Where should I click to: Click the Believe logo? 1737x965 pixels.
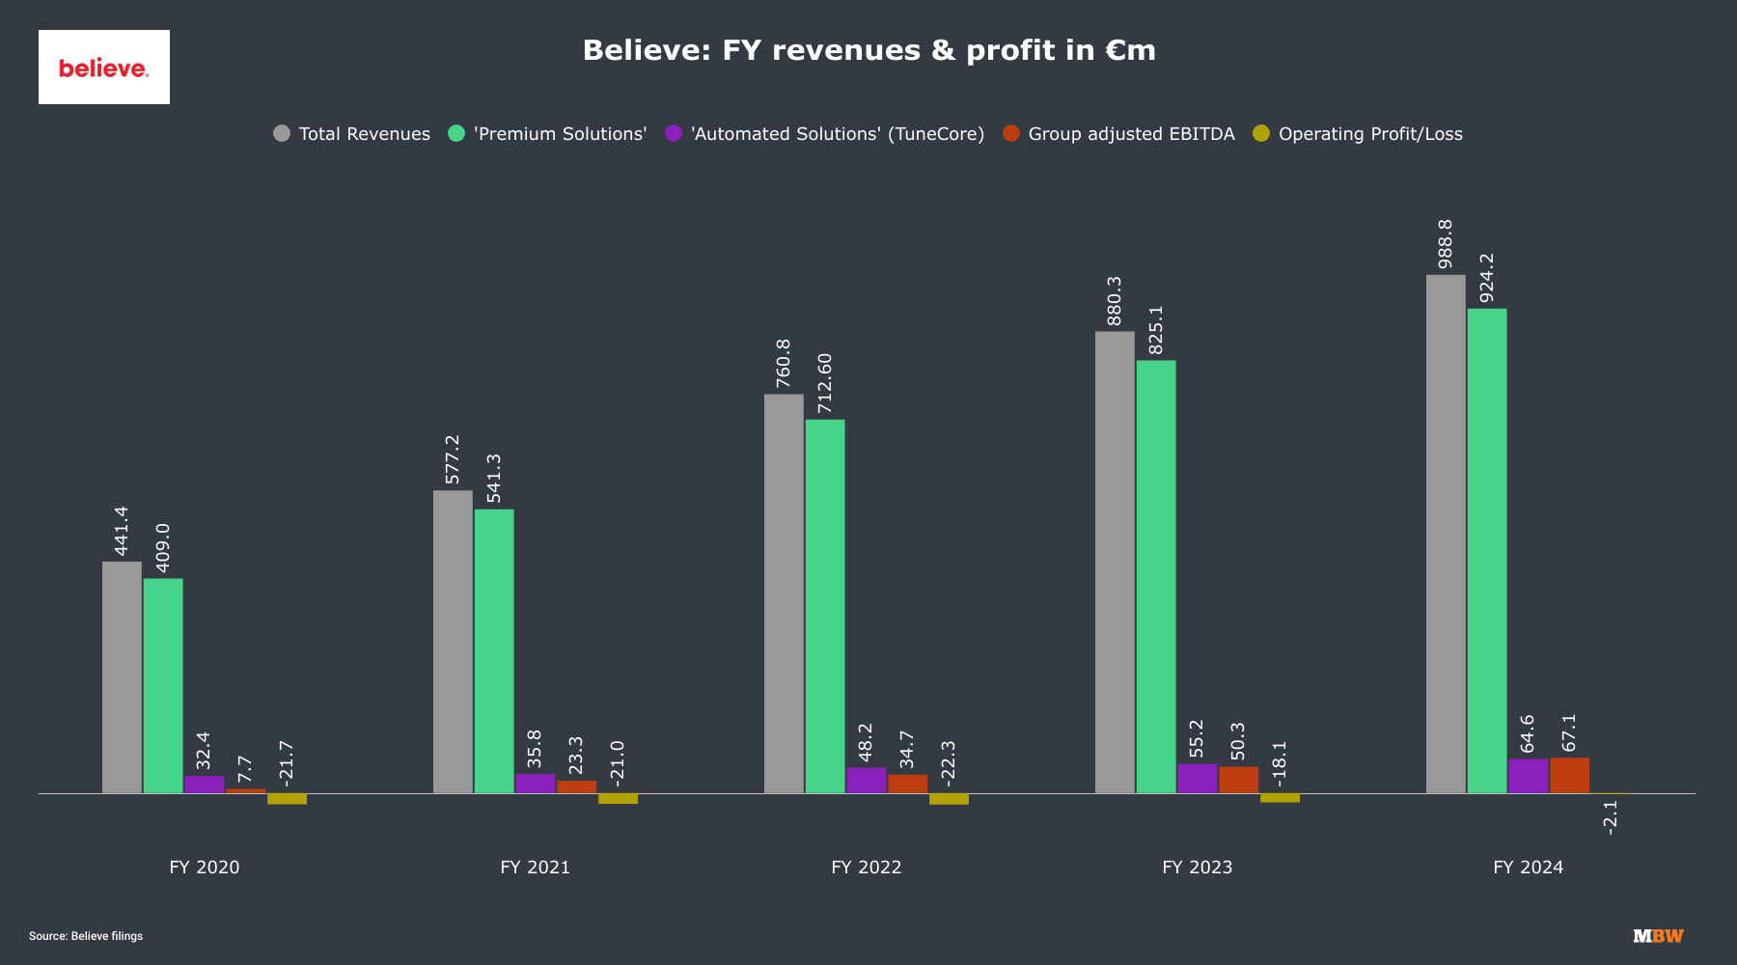(x=104, y=68)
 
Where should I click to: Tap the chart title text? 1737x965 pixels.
(x=868, y=50)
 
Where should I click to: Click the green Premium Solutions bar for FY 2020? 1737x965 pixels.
(x=163, y=685)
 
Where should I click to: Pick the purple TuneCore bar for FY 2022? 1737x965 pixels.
(x=866, y=781)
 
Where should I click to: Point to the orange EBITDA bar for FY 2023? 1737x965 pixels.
(x=1238, y=780)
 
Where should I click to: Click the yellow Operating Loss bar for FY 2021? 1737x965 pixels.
(x=618, y=798)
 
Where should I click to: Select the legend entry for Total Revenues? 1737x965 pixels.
(x=352, y=134)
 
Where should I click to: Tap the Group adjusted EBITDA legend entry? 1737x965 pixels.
(x=1119, y=134)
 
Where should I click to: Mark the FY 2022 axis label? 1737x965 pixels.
(x=866, y=867)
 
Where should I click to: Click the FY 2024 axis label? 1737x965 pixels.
(x=1528, y=867)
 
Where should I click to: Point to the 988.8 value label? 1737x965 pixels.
(x=1446, y=243)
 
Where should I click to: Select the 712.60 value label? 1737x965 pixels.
(x=825, y=383)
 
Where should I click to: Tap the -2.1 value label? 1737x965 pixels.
(x=1610, y=816)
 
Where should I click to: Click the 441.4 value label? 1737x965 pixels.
(x=122, y=531)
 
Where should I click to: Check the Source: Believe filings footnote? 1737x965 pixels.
(x=86, y=936)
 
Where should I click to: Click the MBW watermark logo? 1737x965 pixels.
(x=1658, y=936)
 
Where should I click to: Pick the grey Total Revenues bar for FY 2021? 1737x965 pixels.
(x=453, y=642)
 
